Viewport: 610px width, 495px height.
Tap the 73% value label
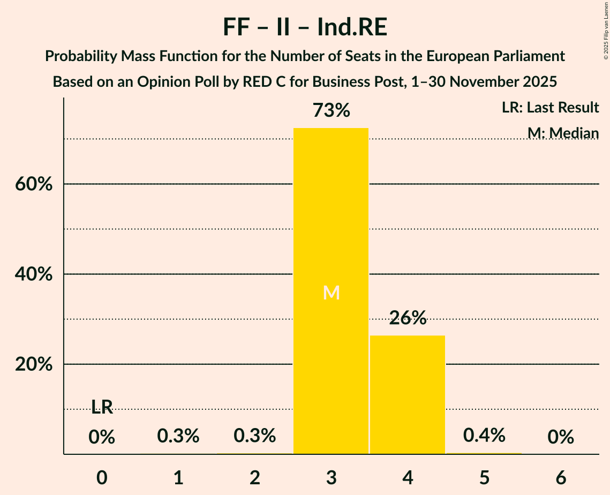[331, 111]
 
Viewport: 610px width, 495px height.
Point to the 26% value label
[408, 318]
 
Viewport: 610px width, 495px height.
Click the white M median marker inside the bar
[332, 292]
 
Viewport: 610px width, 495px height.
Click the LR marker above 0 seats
[102, 408]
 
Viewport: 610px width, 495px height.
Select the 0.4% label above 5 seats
[484, 436]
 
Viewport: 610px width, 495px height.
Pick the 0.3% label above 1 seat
[178, 436]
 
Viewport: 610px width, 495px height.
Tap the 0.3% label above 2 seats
[255, 436]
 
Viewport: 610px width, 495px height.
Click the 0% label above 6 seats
[561, 437]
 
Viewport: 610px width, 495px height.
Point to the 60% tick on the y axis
[33, 184]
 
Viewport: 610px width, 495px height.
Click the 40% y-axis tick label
[33, 274]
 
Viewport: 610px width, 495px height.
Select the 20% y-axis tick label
[33, 364]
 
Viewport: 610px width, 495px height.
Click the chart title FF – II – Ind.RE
[305, 27]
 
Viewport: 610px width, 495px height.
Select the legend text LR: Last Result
[550, 108]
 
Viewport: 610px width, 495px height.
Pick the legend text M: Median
[562, 133]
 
